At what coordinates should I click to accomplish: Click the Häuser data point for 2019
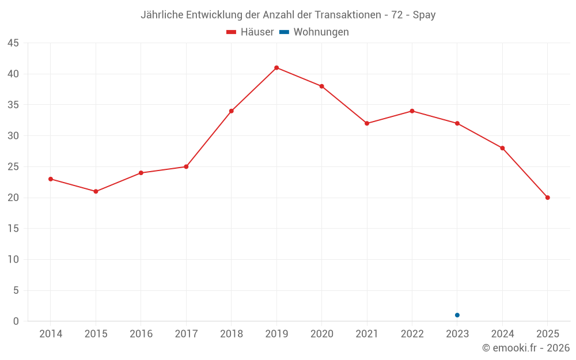point(276,67)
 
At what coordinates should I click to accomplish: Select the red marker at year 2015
point(96,191)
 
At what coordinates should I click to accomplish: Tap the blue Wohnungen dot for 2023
point(457,315)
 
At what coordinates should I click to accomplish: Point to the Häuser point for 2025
point(548,198)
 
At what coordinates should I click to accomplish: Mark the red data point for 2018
point(232,111)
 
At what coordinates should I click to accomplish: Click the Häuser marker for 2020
point(322,86)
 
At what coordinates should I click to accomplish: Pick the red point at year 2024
point(502,148)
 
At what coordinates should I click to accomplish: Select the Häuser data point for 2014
point(51,179)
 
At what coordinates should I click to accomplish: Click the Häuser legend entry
point(250,32)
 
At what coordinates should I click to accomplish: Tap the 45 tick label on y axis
point(13,43)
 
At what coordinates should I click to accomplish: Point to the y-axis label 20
point(13,198)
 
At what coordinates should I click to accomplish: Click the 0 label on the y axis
point(16,321)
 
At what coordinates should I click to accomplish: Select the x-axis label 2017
point(186,334)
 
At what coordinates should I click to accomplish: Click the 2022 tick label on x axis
point(412,334)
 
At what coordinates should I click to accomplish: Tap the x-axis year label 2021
point(367,334)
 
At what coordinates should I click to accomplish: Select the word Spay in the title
point(424,15)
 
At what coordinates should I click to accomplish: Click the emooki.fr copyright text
point(526,348)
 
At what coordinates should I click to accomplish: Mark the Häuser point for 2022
point(412,111)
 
